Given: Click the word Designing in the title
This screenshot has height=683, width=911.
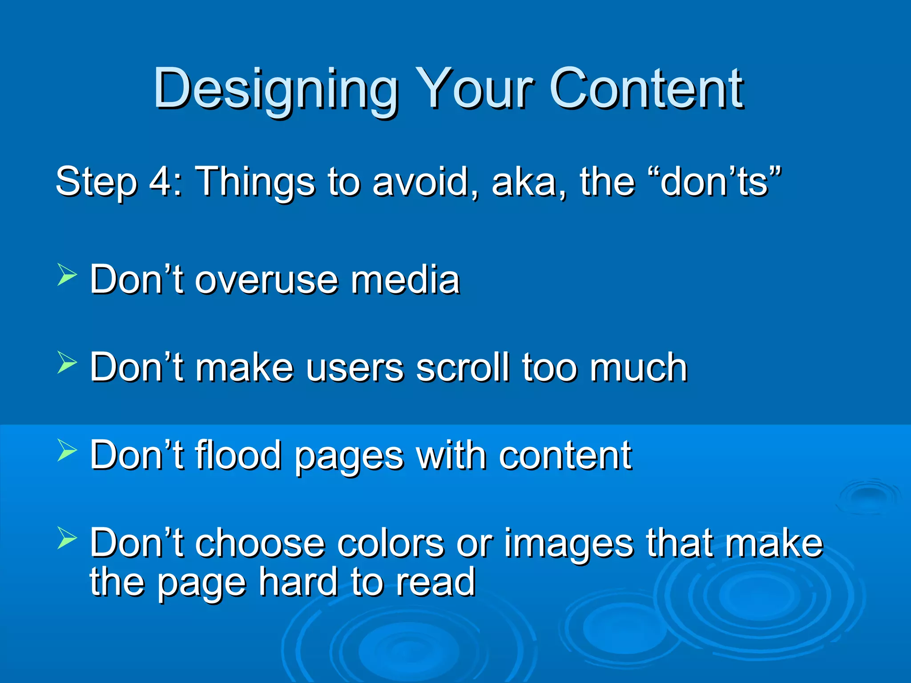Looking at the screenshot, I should (276, 89).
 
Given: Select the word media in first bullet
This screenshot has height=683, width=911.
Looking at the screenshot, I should (405, 280).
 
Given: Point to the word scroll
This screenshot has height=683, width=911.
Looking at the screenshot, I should (462, 368).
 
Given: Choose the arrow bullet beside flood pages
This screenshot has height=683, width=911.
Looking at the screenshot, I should (67, 450).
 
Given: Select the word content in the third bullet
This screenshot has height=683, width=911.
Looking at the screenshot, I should (565, 455).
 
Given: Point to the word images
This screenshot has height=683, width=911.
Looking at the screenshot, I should (569, 543).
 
